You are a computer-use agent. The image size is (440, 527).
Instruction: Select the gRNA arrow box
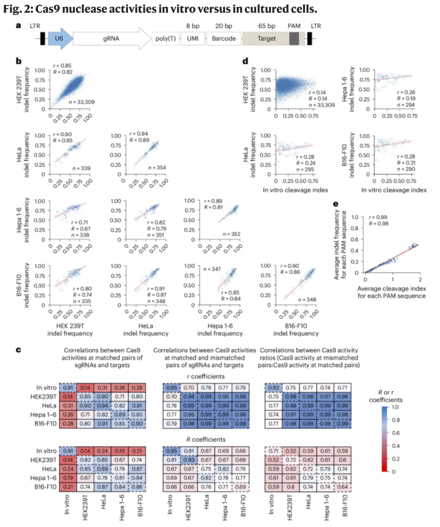click(111, 39)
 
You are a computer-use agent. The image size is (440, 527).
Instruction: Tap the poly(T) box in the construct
click(165, 39)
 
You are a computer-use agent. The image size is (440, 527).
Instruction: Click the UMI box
click(193, 39)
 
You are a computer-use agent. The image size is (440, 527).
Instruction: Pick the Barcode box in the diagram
click(224, 39)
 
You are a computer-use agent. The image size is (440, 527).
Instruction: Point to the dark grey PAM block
click(294, 39)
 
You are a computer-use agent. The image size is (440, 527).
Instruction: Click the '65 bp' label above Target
click(266, 26)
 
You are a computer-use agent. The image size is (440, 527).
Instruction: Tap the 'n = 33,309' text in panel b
click(81, 102)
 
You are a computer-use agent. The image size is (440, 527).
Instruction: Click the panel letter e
click(336, 204)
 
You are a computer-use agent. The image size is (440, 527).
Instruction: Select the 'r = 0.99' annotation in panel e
click(378, 217)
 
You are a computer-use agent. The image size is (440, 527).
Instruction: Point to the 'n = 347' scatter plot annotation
click(212, 269)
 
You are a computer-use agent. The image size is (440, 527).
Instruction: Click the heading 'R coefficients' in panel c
click(206, 439)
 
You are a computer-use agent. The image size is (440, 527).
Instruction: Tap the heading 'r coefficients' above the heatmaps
click(206, 377)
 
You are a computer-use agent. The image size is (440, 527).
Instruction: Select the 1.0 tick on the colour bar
click(395, 407)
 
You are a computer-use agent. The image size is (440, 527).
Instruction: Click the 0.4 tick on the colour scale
click(395, 446)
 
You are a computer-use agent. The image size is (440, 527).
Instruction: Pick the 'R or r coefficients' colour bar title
click(385, 396)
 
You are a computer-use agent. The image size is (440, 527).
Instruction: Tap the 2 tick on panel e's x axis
click(420, 280)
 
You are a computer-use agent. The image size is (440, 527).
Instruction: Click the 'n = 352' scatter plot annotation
click(231, 234)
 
